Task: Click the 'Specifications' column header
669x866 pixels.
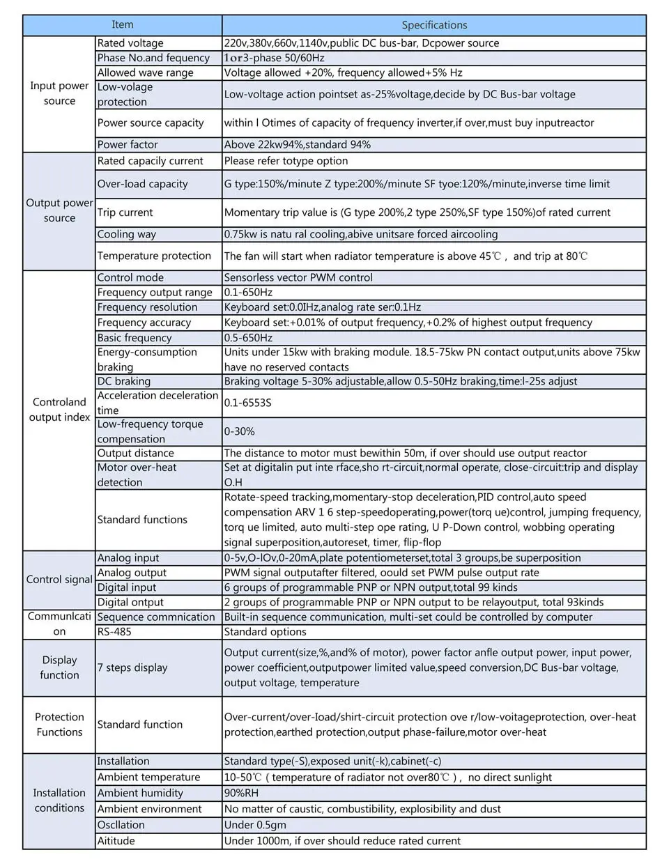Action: tap(434, 25)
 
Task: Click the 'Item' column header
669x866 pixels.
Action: tap(123, 25)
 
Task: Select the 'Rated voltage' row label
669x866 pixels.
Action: tap(130, 43)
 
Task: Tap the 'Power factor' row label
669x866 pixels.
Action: tap(128, 145)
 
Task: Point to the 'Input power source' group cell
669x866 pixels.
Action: tap(59, 93)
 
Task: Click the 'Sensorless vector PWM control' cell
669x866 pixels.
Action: tap(298, 277)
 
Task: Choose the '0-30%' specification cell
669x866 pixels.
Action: tap(240, 431)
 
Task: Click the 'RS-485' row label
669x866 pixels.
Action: tap(114, 632)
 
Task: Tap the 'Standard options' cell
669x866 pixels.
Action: tap(265, 632)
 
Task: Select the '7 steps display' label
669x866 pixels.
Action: tap(132, 667)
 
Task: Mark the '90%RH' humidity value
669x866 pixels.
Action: tap(243, 793)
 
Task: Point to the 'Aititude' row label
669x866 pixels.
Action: tap(116, 841)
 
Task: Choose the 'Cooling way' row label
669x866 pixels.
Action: tap(127, 234)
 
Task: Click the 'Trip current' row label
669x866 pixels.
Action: tap(125, 212)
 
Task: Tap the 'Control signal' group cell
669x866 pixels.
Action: tap(59, 580)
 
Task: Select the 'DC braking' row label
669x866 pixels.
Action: tap(124, 381)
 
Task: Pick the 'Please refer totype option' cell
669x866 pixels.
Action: tap(286, 161)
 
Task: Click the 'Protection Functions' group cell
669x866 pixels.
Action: tap(59, 725)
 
